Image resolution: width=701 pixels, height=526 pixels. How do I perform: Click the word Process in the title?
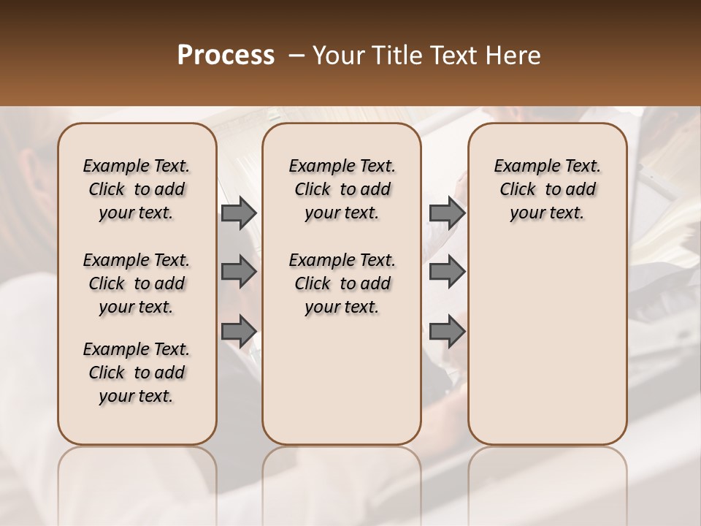225,55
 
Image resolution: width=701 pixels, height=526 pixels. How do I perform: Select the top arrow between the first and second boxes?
239,213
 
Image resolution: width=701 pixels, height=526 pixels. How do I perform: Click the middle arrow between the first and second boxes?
239,272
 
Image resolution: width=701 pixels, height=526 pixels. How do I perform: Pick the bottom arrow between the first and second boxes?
239,332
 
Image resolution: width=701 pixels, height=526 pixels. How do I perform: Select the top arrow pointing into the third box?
447,213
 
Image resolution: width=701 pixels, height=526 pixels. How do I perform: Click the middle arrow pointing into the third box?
447,272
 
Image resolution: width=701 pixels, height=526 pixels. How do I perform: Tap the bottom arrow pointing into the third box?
447,332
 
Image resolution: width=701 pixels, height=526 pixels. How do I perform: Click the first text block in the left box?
137,189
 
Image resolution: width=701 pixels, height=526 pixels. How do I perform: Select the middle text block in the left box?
137,283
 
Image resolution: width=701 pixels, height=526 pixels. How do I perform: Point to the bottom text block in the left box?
137,373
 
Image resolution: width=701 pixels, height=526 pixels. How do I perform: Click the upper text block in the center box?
342,189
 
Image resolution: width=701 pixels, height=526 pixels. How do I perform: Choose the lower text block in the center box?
342,283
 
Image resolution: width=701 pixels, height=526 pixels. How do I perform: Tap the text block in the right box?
548,189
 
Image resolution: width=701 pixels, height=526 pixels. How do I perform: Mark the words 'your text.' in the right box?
548,213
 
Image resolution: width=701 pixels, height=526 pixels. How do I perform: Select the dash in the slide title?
297,55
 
